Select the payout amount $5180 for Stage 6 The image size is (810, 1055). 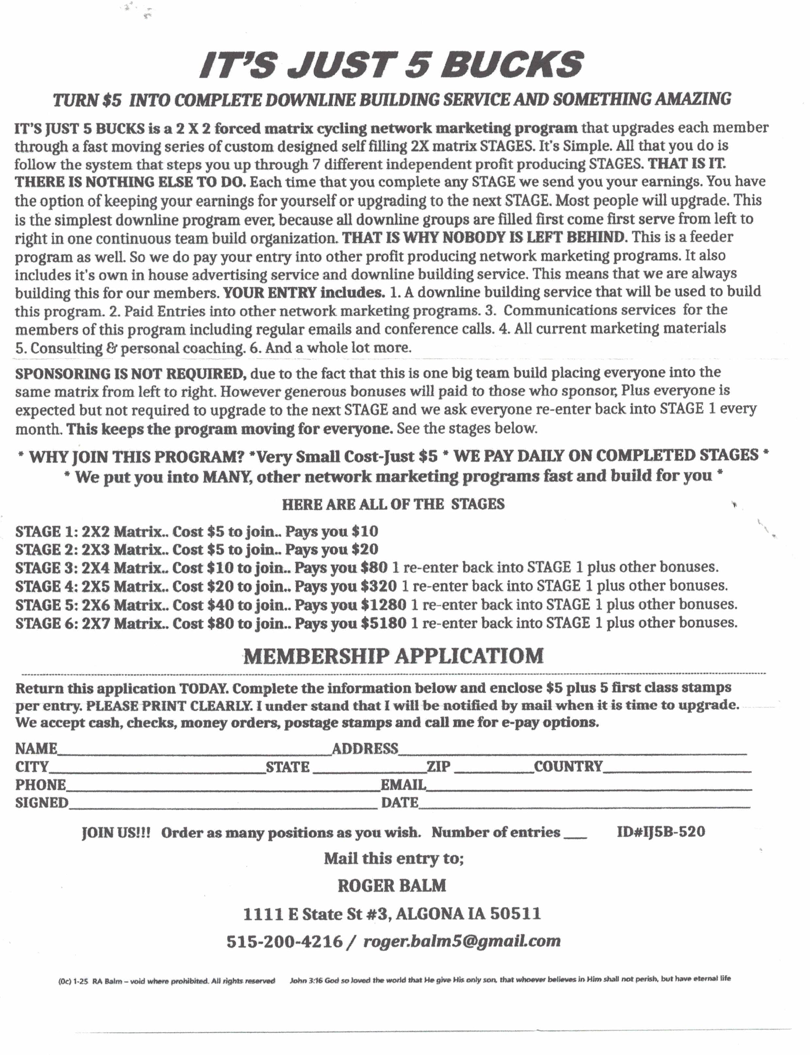tap(384, 623)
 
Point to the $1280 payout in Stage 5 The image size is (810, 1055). tap(384, 605)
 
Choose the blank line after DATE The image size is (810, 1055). tap(583, 805)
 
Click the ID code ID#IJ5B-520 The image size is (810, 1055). tap(661, 832)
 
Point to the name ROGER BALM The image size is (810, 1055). tap(391, 885)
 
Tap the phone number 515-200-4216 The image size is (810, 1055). tap(285, 941)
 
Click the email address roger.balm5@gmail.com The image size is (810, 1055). tap(462, 941)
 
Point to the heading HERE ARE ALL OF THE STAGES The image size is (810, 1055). tap(393, 504)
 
